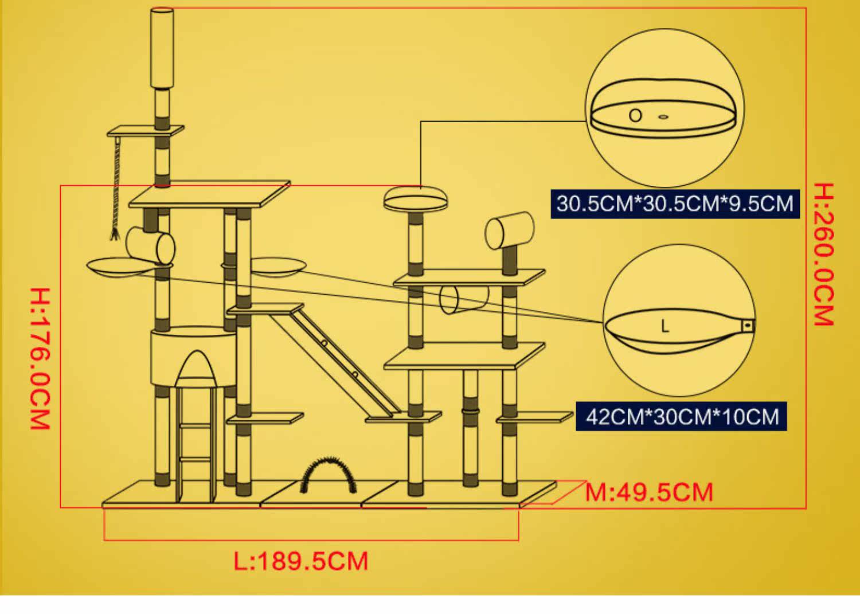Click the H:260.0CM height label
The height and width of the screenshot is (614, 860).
pos(824,255)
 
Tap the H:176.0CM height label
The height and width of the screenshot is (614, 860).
pos(40,359)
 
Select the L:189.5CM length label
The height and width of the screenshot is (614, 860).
pos(301,561)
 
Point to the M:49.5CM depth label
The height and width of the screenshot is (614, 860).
pos(649,492)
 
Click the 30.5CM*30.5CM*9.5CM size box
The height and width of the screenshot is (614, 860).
pos(675,204)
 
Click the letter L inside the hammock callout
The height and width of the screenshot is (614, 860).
pos(665,326)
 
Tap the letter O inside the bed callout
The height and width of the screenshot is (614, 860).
pos(635,115)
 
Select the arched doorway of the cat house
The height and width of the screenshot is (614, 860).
pos(196,369)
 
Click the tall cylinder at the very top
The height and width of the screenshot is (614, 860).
pos(162,48)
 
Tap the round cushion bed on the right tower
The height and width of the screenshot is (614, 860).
pos(416,198)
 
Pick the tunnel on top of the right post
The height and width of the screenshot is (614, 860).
pos(509,230)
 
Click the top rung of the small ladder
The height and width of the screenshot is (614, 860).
pos(196,426)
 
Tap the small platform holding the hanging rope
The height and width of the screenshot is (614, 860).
pos(145,131)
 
